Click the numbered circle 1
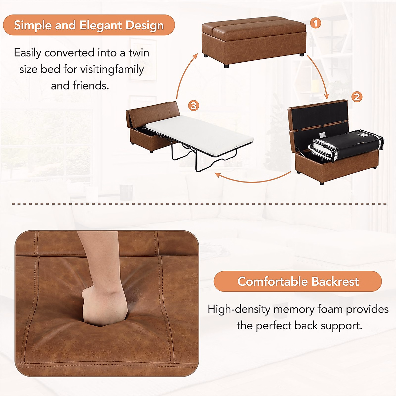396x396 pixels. (316, 23)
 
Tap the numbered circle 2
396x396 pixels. (357, 97)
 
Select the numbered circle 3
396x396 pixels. (194, 106)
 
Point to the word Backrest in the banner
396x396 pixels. (335, 281)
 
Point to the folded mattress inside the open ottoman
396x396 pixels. (346, 145)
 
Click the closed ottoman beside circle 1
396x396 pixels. (254, 40)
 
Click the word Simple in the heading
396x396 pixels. (33, 25)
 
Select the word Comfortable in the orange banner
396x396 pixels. (273, 281)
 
